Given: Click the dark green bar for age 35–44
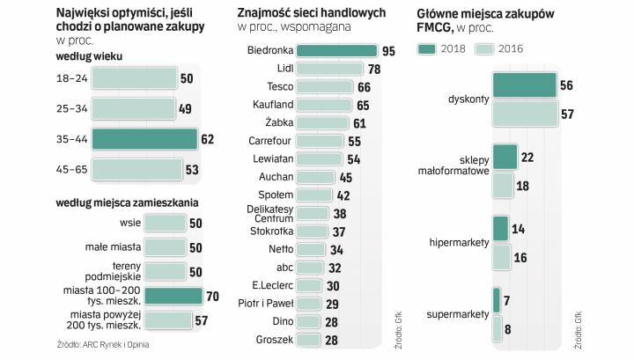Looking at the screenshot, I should click(x=144, y=139).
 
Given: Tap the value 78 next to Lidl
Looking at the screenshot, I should click(x=374, y=69).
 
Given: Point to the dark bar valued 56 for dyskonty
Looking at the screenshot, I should click(x=524, y=84).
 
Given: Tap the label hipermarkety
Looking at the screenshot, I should click(x=459, y=241).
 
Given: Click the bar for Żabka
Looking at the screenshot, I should click(x=321, y=122).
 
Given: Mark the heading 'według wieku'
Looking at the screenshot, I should click(x=88, y=57).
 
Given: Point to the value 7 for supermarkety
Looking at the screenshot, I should click(x=507, y=300).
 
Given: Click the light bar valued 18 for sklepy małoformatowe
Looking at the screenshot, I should click(x=503, y=186).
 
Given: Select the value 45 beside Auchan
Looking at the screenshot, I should click(x=345, y=177).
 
